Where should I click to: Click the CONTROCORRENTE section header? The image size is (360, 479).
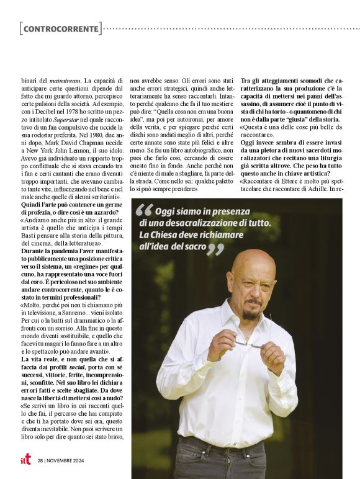61,29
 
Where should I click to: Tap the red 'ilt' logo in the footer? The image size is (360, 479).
25,459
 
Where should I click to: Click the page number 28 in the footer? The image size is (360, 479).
40,460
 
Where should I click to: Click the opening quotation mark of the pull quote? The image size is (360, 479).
144,210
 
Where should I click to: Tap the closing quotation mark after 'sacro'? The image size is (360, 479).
214,249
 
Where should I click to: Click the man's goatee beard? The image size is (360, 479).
251,313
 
